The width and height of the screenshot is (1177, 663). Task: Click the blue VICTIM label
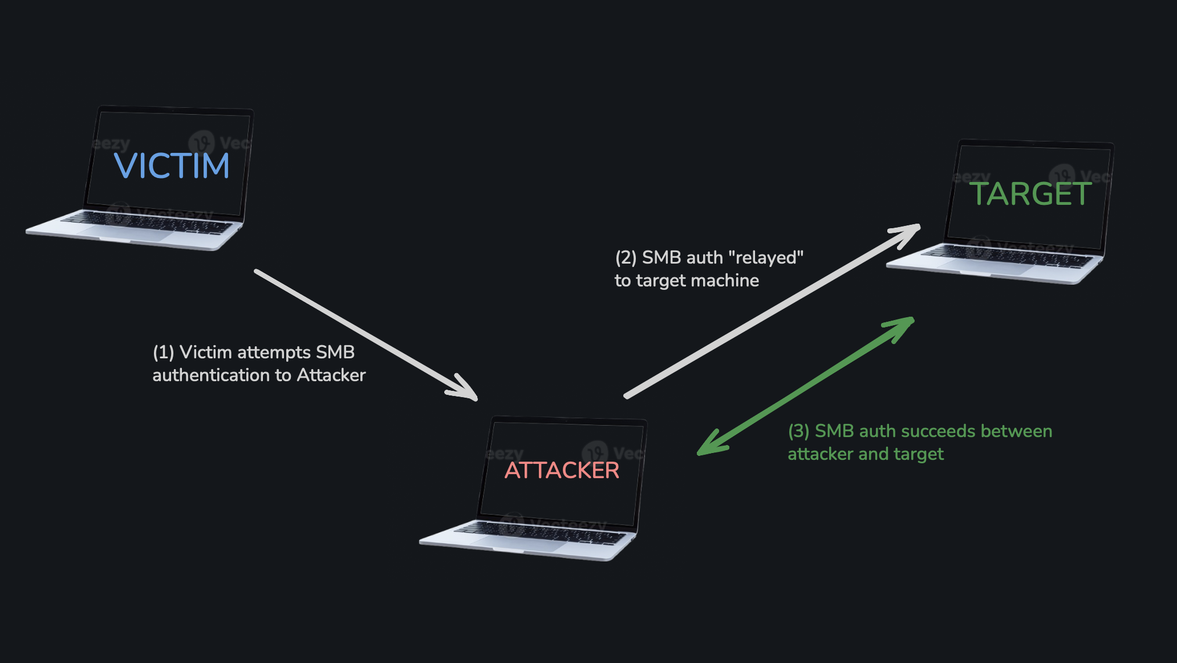tap(172, 166)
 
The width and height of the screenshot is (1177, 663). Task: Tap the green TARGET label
tap(1030, 194)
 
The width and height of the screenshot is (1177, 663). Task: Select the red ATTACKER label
tap(562, 471)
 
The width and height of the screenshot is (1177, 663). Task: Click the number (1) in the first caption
tap(163, 353)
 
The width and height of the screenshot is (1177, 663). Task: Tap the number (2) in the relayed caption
tap(626, 258)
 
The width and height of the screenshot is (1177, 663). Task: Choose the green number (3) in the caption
tap(798, 431)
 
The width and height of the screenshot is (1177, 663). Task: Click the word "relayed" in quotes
tap(769, 258)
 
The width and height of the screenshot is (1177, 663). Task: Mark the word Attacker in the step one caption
tap(331, 375)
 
